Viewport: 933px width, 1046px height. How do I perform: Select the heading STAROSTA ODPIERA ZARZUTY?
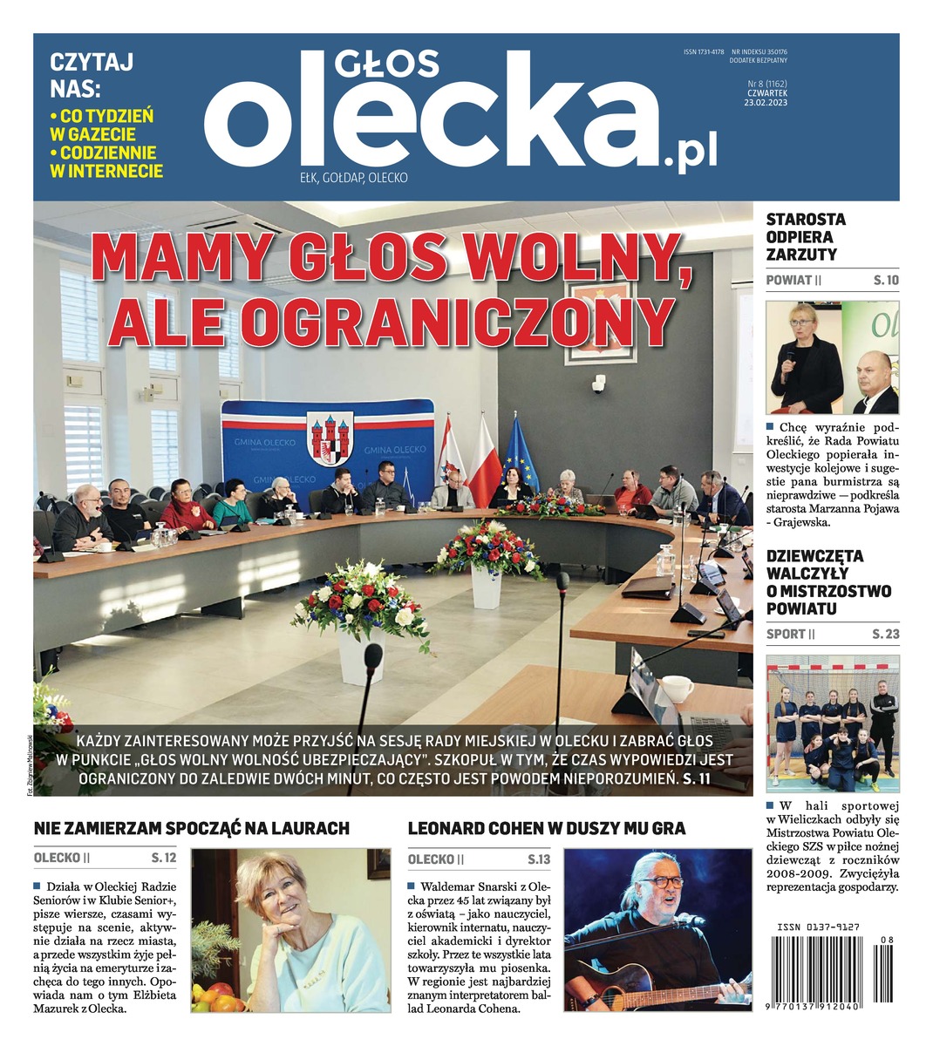pos(805,237)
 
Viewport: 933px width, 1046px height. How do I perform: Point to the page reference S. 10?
pos(886,281)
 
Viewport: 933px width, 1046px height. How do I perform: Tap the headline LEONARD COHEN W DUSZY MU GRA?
pos(547,828)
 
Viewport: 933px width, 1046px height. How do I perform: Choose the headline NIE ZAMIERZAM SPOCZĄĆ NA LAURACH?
pos(191,828)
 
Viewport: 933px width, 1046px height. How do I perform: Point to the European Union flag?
pos(521,453)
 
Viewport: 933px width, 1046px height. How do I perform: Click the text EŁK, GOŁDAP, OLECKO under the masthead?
pos(353,178)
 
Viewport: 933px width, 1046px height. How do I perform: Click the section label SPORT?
pos(785,634)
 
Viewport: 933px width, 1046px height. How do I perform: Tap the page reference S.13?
pos(539,859)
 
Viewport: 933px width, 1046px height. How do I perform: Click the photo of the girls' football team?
pos(832,723)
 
